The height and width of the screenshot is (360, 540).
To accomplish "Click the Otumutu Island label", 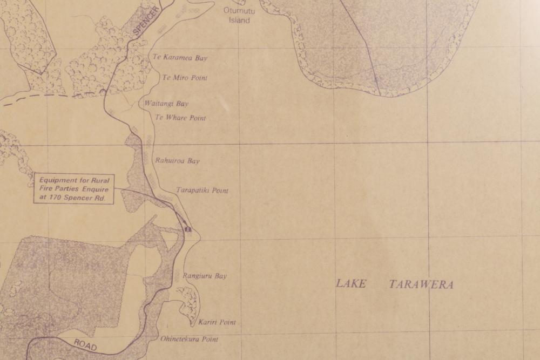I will point(239,16).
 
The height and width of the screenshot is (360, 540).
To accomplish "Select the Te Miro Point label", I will point(185,78).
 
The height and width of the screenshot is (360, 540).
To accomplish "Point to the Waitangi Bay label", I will point(166,104).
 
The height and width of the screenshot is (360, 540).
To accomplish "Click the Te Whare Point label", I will point(180,118).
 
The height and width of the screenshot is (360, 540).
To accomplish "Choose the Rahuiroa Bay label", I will point(177,160).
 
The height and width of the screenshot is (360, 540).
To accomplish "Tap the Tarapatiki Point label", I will point(202,191).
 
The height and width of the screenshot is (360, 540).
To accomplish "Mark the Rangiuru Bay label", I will point(205,276).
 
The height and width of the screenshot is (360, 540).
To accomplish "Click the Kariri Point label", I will point(217,322).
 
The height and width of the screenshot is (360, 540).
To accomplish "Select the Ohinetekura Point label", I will point(189,339).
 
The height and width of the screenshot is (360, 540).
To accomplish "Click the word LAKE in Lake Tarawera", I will point(351,284).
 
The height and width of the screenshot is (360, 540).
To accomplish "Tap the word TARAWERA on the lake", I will point(421,284).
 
